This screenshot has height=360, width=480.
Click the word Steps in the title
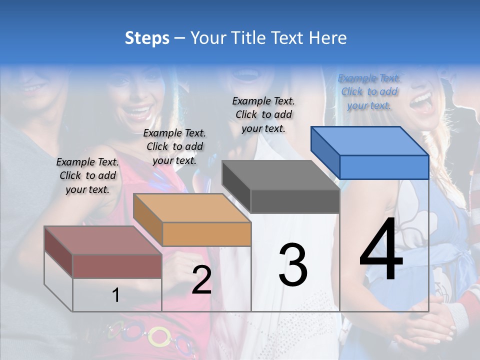point(147,38)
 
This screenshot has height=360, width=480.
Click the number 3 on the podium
point(292,265)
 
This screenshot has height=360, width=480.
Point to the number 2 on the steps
point(201,280)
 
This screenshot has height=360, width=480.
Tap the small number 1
point(116,295)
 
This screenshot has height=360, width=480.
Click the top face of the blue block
point(369,140)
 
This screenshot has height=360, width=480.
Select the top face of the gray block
point(280,175)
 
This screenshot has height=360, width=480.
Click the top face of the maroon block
point(102,240)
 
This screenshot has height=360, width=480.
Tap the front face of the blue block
point(384,167)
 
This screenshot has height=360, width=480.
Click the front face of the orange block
point(206,234)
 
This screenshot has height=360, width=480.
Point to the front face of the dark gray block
point(295,201)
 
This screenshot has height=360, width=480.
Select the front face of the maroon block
point(117,266)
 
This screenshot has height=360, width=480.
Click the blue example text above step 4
point(369,91)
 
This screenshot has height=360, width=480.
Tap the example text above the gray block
point(263,114)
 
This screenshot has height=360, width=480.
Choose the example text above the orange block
point(174,146)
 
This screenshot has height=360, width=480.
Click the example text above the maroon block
point(87,175)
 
